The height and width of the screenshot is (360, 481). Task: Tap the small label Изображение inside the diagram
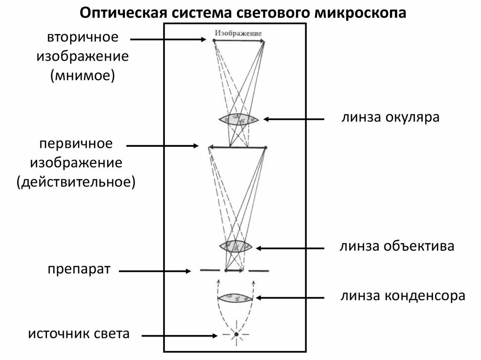(x=238, y=33)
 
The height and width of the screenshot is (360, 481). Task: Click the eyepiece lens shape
(x=239, y=119)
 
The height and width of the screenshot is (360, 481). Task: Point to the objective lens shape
(x=236, y=246)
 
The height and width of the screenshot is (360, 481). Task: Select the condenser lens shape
(x=235, y=298)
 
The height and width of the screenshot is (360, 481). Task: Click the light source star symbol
(x=236, y=335)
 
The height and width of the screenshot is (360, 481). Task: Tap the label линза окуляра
(x=390, y=117)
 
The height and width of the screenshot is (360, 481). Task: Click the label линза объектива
(x=397, y=246)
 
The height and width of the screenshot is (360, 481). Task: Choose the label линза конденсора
(x=403, y=296)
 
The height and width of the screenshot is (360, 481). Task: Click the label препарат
(x=78, y=270)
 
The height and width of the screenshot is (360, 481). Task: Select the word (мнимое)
(x=83, y=75)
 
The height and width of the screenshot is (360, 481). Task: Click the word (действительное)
(x=76, y=181)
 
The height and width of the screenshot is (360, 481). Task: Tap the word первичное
(x=76, y=144)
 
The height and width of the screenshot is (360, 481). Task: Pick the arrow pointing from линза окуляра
(x=294, y=119)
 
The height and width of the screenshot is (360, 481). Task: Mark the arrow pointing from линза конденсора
(x=289, y=298)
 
